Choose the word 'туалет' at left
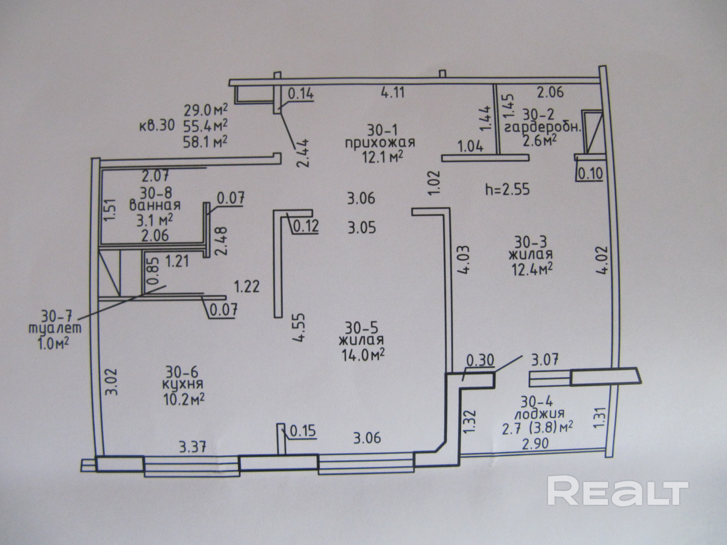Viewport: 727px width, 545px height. coord(55,328)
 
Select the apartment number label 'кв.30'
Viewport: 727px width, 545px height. coord(157,126)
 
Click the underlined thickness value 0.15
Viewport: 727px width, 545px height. coord(303,430)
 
